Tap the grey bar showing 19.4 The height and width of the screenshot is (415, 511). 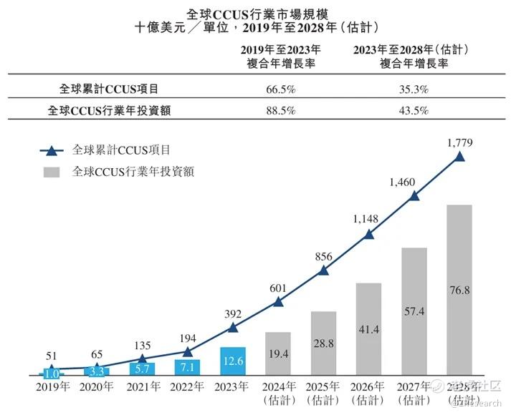click(x=277, y=353)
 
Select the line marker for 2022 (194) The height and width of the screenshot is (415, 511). click(x=187, y=351)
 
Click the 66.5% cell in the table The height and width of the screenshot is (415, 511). click(x=280, y=89)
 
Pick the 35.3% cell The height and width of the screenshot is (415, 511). click(x=411, y=89)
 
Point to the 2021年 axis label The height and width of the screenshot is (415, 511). click(x=142, y=386)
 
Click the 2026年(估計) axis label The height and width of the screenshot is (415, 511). click(x=368, y=392)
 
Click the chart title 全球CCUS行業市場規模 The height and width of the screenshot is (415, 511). click(x=257, y=14)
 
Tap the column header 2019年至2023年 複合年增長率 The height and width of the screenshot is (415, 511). click(x=280, y=56)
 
